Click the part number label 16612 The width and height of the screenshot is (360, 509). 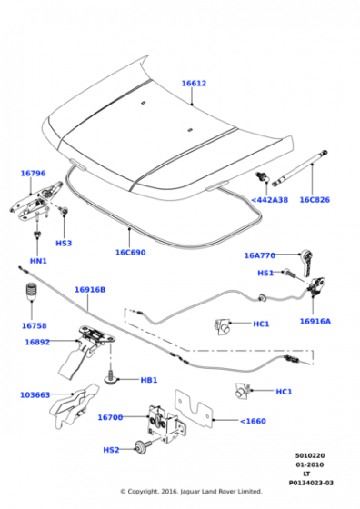tap(194, 84)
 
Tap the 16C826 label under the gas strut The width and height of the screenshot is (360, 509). tap(315, 200)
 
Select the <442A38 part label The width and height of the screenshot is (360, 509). tap(269, 200)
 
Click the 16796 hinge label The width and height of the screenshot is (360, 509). tap(33, 174)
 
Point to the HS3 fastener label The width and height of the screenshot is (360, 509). tap(64, 244)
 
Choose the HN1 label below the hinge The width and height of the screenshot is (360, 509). tap(38, 261)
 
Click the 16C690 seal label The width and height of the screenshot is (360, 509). tap(131, 253)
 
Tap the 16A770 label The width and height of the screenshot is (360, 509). tap(260, 255)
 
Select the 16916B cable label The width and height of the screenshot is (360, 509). tap(90, 290)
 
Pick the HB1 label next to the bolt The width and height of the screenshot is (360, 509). tap(149, 380)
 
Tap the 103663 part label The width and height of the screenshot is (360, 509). tap(35, 395)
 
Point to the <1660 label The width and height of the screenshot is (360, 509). tap(253, 422)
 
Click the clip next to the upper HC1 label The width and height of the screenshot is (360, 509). tap(223, 326)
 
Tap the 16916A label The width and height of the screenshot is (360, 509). tap(315, 322)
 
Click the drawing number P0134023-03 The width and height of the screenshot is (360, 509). tap(311, 483)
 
